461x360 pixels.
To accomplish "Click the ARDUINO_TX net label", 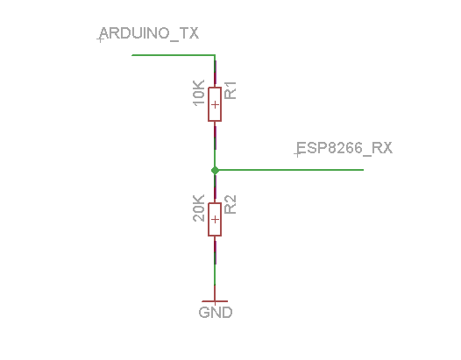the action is pos(149,33).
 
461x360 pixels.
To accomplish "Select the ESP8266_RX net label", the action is pos(344,148).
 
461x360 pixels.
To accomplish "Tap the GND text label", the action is pos(216,312).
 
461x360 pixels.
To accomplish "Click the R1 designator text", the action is pos(230,90).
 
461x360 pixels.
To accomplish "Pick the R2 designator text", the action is pos(230,205).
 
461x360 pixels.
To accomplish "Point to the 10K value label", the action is pos(199,93).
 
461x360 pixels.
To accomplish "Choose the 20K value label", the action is pos(199,208).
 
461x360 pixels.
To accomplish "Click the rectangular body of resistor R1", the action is pos(215,104).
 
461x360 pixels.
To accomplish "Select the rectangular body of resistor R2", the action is pos(215,219).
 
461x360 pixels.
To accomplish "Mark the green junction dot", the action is pos(215,170).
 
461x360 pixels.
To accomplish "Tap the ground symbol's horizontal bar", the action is pos(215,301).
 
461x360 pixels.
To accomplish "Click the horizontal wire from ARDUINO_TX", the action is pos(174,55).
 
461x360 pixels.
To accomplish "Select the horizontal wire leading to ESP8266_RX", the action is pos(289,170).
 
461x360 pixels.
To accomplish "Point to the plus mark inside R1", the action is pos(215,104).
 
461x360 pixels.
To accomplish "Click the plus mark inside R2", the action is pos(215,219).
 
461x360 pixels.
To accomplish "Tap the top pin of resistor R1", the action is pos(215,74).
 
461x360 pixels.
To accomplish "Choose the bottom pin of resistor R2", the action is pos(215,252).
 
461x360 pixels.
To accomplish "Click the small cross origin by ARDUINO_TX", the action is pos(100,39).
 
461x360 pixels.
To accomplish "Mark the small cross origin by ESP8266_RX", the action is pos(297,153).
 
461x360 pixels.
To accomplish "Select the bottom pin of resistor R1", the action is pos(215,135).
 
